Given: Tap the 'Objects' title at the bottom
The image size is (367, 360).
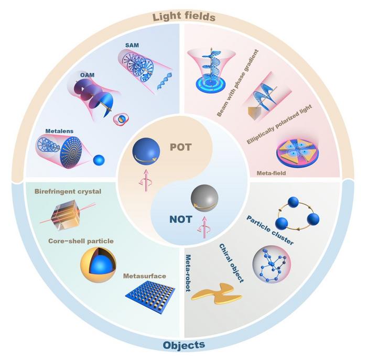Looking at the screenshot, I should (x=184, y=345).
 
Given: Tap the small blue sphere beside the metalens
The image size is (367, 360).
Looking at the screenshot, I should (x=98, y=158).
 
